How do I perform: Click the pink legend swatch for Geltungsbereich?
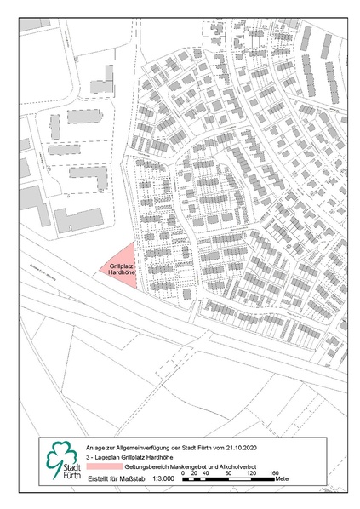pyautogui.click(x=105, y=467)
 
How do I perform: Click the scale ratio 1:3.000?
pyautogui.click(x=163, y=478)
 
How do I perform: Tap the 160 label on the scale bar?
pyautogui.click(x=274, y=472)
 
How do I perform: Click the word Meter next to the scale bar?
pyautogui.click(x=282, y=479)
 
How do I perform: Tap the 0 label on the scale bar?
pyautogui.click(x=183, y=472)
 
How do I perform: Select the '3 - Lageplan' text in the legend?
pyautogui.click(x=102, y=456)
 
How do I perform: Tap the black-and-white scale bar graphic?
pyautogui.click(x=228, y=479)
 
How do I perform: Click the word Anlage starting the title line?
pyautogui.click(x=96, y=445)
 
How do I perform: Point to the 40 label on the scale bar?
pyautogui.click(x=204, y=472)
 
